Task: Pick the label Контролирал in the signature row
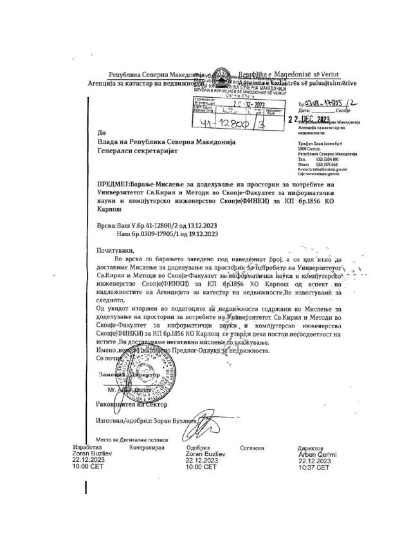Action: coord(147,446)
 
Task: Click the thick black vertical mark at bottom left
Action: coord(86,483)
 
